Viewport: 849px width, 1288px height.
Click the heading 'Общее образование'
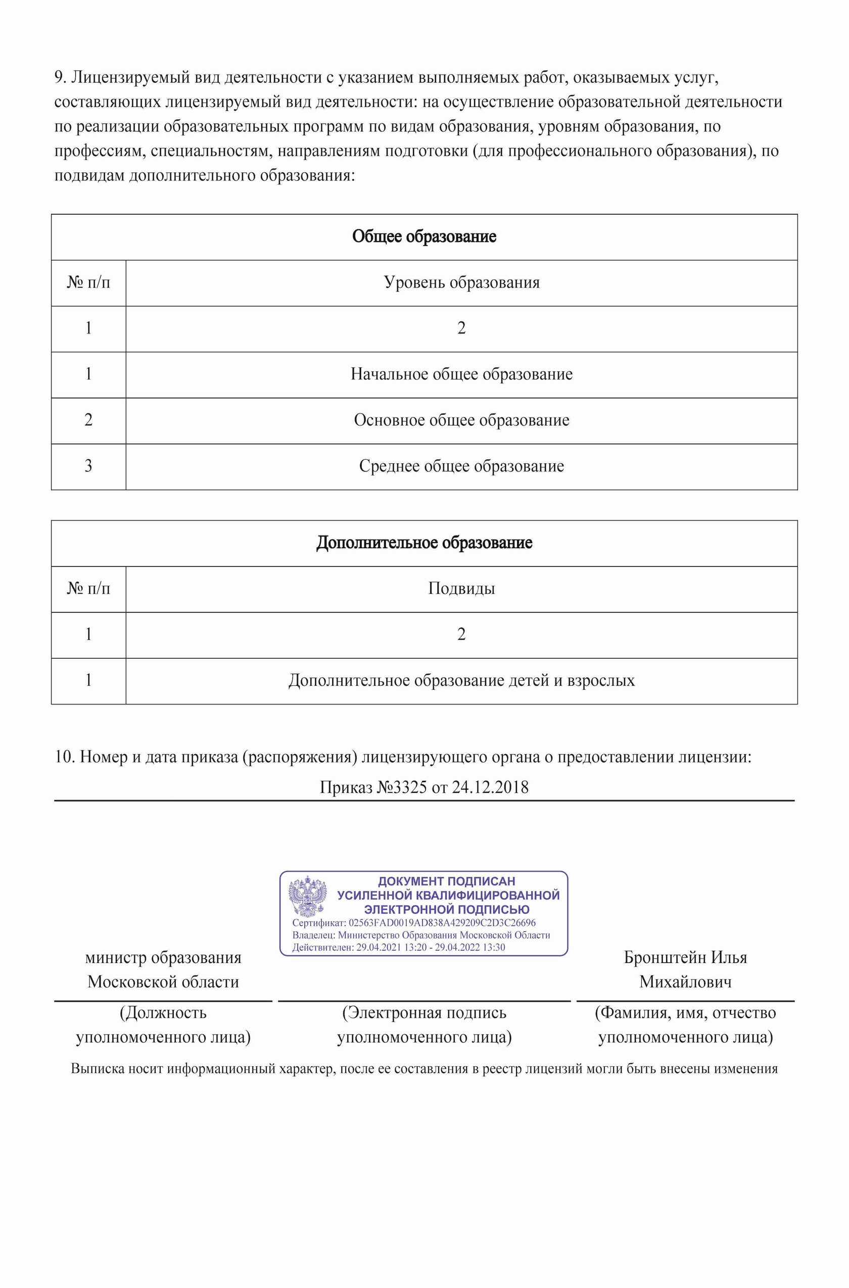[x=424, y=236]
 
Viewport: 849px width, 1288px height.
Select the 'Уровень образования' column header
[x=461, y=282]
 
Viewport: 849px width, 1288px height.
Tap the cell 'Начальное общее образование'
[x=461, y=374]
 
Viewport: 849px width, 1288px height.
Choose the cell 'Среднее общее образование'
[x=461, y=467]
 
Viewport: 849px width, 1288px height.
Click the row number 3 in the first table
[x=88, y=467]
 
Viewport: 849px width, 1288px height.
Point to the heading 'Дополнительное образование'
[x=424, y=543]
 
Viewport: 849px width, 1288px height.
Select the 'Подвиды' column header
[x=461, y=589]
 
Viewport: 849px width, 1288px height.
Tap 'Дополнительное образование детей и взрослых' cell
[x=461, y=681]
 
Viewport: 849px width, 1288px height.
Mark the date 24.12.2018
[x=490, y=787]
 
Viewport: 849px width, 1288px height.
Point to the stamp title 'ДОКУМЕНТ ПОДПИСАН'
[x=446, y=881]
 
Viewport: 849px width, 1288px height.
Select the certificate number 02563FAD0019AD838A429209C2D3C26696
[x=442, y=923]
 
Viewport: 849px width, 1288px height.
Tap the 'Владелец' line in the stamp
[x=420, y=935]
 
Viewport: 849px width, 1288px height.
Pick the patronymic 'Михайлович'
[x=685, y=982]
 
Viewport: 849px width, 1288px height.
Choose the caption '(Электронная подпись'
[x=424, y=1013]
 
